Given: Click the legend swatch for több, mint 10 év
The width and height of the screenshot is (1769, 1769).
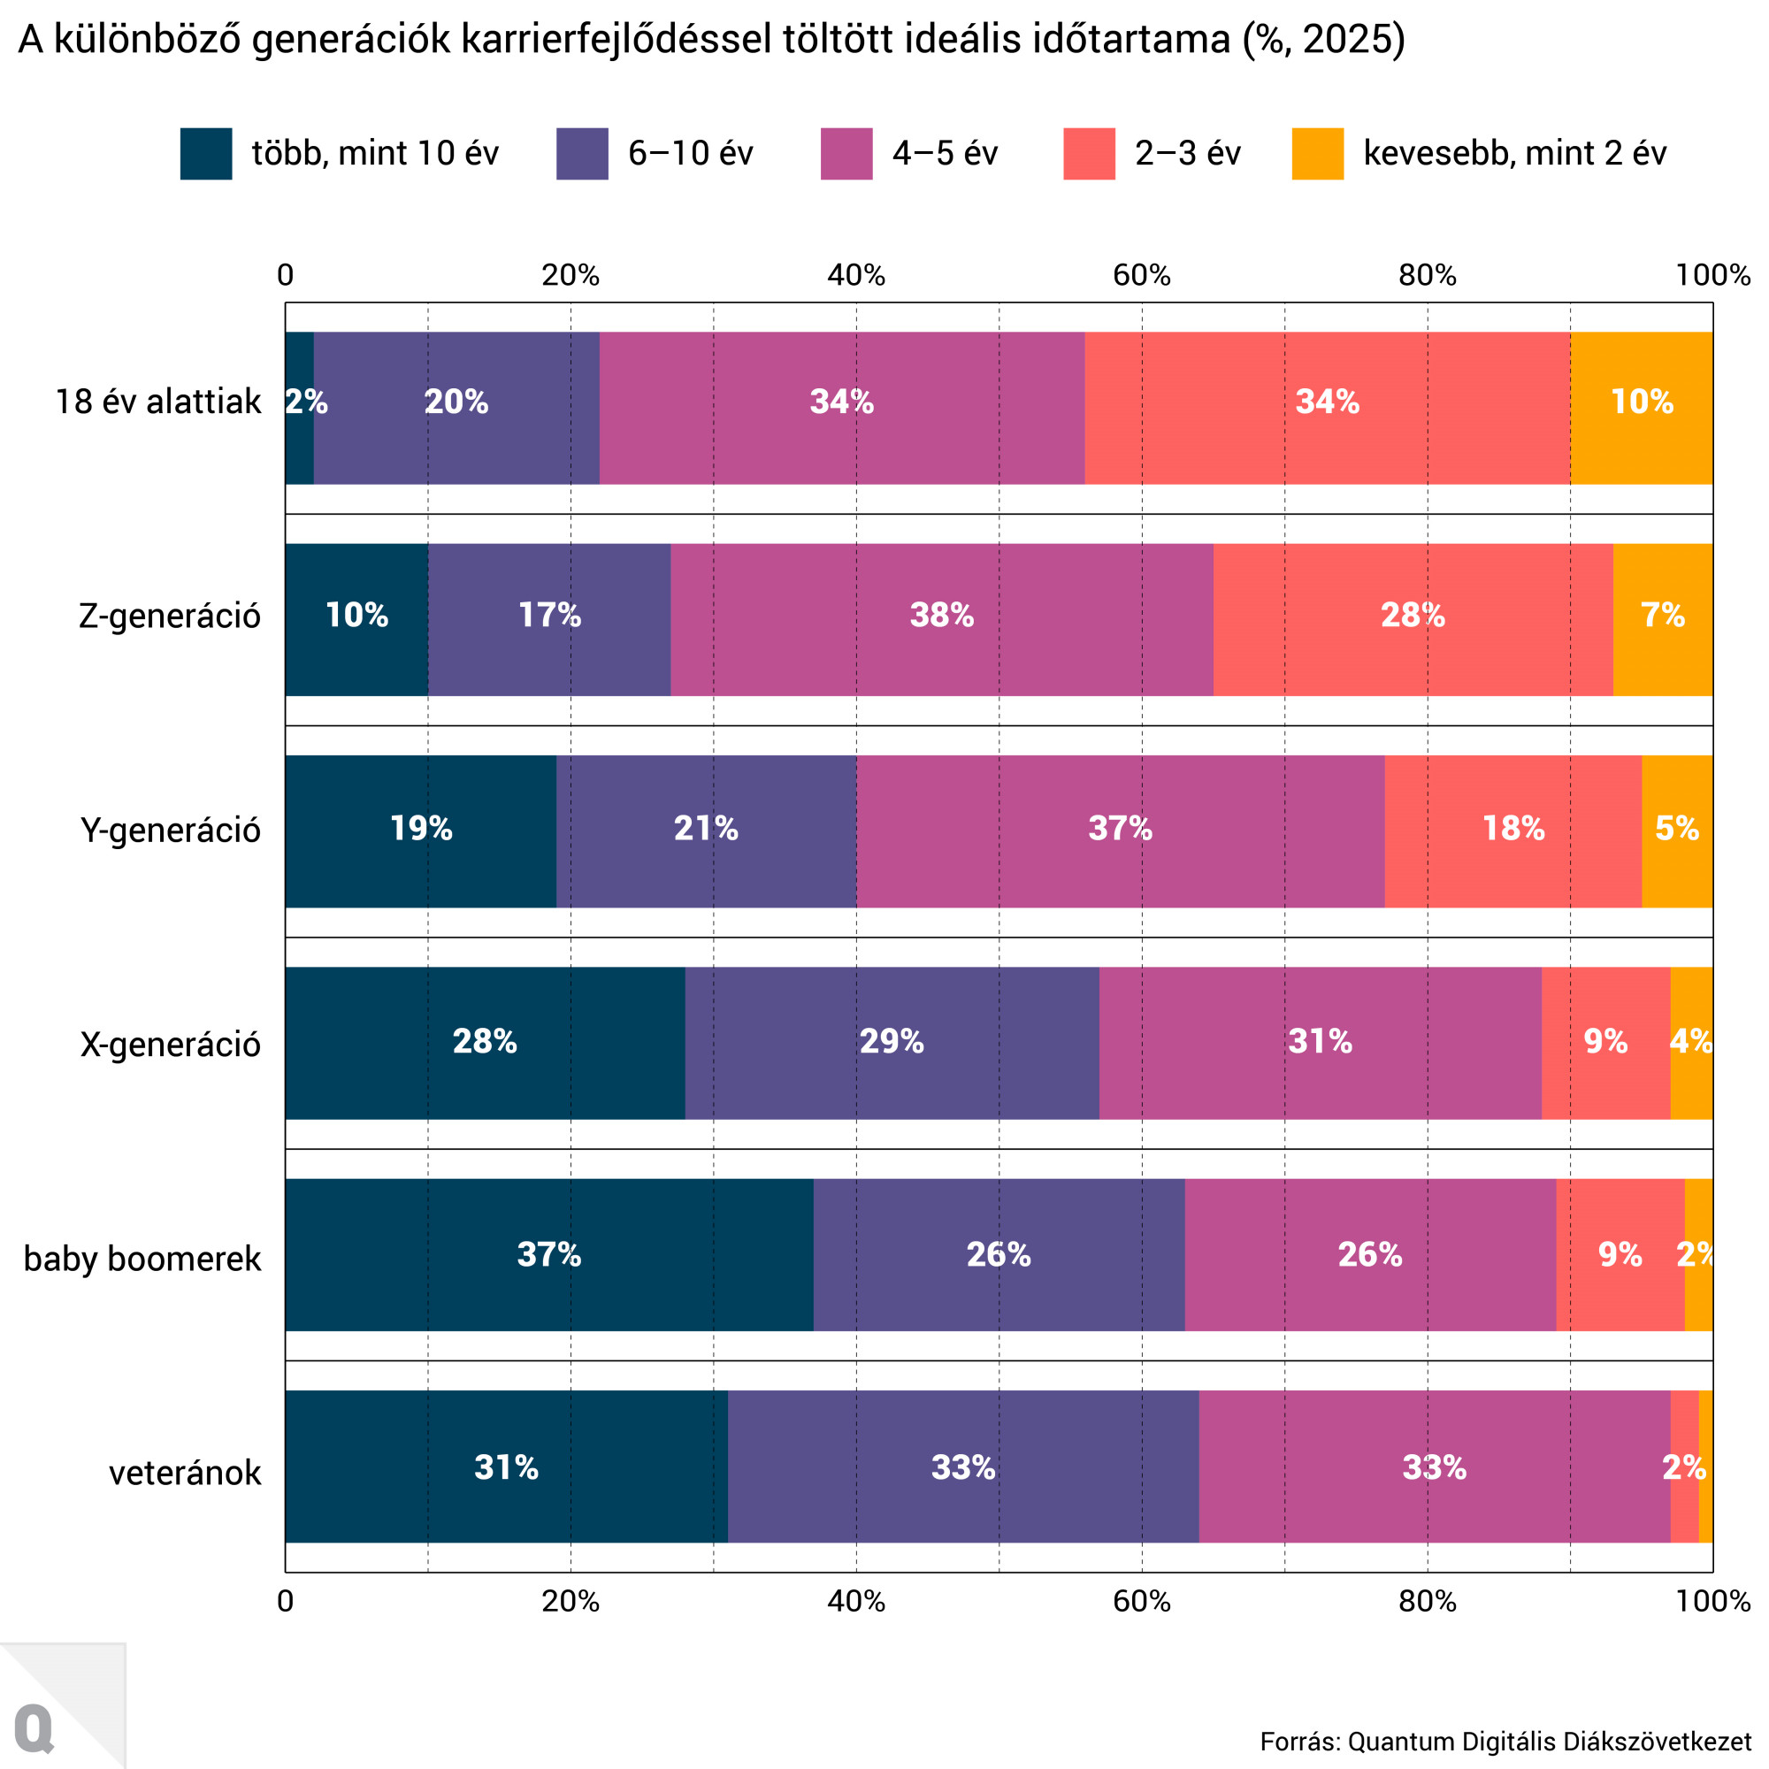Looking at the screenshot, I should point(206,154).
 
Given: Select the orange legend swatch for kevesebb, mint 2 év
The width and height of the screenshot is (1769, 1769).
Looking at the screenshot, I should point(1318,154).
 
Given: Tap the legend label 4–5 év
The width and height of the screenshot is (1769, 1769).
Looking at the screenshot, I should point(945,154).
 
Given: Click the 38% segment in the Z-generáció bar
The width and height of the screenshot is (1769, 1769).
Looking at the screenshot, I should point(941,620).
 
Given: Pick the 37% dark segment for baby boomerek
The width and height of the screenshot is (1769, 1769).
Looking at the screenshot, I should point(549,1254).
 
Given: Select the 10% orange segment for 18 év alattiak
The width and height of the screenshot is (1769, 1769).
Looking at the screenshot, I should point(1642,408).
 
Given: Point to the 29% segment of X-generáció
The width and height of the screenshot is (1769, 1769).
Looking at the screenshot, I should point(891,1043).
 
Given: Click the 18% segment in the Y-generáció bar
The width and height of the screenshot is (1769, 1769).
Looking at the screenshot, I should point(1512,831).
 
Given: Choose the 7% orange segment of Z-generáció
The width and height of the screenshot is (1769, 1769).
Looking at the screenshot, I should point(1662,620).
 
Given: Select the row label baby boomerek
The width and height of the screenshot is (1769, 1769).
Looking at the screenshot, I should point(142,1259).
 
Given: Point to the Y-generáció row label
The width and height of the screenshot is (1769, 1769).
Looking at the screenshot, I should point(171,831).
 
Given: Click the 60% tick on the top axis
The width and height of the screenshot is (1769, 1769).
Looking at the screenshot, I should point(1142,275).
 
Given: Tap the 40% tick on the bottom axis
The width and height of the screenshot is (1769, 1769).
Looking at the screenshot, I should point(856,1601).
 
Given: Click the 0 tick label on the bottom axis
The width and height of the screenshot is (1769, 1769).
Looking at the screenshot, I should point(286,1601).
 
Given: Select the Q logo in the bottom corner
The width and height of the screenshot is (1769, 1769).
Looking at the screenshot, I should point(34,1727).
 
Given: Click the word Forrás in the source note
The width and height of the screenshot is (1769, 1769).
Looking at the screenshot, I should point(1298,1742).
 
